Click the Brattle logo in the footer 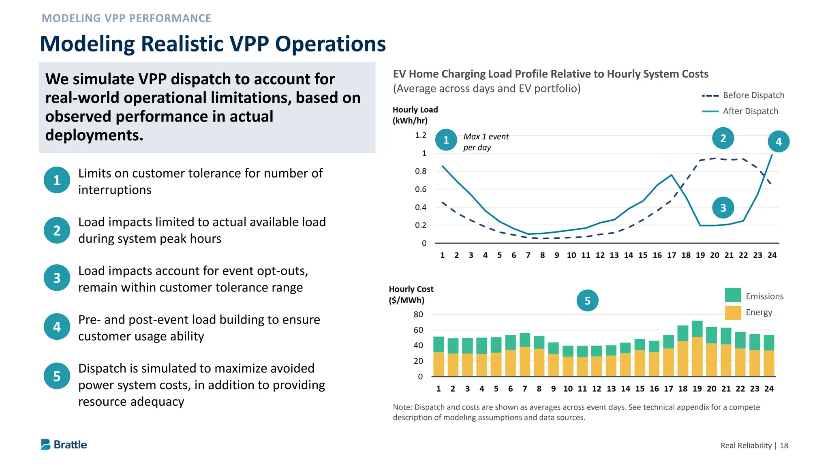pos(64,445)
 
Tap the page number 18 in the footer pos(784,446)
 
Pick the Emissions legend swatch pos(733,295)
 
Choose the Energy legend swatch pos(733,313)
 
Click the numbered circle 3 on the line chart pos(723,208)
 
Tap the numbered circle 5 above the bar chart pos(587,300)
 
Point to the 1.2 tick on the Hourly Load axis pos(421,135)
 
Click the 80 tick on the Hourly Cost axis pos(418,314)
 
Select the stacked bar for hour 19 pos(697,349)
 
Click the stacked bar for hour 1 pos(439,356)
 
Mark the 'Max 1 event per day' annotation pos(486,142)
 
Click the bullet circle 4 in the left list pos(57,327)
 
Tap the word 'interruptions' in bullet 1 pos(115,190)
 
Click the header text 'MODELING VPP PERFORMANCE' pos(126,18)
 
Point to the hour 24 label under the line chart pos(772,255)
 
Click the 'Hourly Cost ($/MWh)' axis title pos(411,295)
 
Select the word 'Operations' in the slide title pos(330,44)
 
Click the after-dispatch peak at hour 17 pos(672,175)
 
